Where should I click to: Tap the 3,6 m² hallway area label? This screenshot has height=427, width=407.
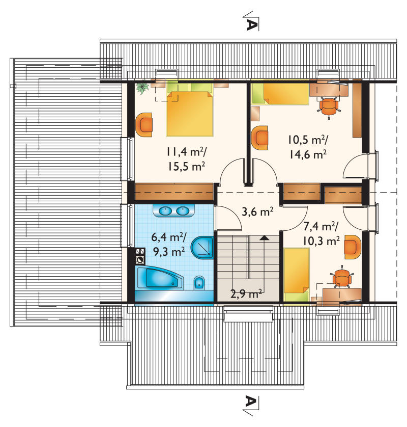pos(257,211)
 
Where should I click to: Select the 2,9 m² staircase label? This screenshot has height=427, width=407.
pos(246,293)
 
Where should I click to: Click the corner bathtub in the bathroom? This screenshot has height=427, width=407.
pos(159,278)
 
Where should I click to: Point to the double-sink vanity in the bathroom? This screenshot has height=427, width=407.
pos(174,210)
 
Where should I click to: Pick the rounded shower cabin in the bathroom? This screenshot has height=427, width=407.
pos(202,248)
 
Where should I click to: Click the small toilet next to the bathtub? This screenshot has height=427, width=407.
pos(199,283)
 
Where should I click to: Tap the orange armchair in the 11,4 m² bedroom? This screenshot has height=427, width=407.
pos(144,125)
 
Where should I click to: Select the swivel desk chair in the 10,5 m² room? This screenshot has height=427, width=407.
pos(329,107)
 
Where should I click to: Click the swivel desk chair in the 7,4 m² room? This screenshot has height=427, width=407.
pos(342,277)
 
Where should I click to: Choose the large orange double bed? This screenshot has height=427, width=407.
pos(190,113)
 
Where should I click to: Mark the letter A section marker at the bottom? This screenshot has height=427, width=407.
pos(251,402)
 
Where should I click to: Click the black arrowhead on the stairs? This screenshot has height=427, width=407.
pos(264,238)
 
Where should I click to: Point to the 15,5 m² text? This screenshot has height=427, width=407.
pos(186,166)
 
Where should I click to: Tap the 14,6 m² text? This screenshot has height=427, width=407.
pos(307,154)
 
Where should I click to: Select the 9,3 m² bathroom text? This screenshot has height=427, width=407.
pos(169,252)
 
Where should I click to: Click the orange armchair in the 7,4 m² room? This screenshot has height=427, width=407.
pos(353,247)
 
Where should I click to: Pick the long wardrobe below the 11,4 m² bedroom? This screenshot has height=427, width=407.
pos(174,192)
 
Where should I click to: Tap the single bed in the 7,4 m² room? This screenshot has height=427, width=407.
pos(297,275)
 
